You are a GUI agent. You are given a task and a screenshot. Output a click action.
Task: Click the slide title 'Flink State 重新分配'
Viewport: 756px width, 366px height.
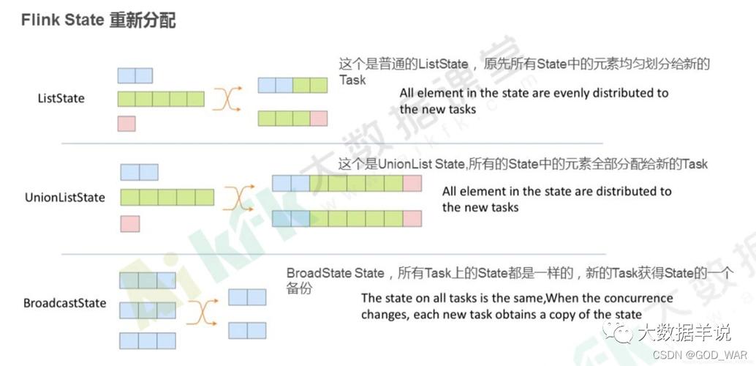pyautogui.click(x=98, y=20)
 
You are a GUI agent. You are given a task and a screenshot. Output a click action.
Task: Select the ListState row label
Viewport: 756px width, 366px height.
pyautogui.click(x=61, y=98)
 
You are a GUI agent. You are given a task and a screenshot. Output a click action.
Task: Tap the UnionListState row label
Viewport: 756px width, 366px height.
pyautogui.click(x=65, y=198)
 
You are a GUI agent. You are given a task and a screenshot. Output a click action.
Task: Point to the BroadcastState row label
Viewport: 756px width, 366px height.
pyautogui.click(x=64, y=303)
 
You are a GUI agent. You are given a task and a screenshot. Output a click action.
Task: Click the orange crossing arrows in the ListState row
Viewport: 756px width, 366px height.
pyautogui.click(x=227, y=99)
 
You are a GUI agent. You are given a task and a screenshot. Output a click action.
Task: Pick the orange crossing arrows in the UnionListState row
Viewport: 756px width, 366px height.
pyautogui.click(x=238, y=197)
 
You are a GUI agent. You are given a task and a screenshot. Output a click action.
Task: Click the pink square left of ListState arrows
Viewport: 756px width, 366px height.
pyautogui.click(x=126, y=123)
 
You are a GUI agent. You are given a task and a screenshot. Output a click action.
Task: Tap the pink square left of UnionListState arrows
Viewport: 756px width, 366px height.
pyautogui.click(x=129, y=223)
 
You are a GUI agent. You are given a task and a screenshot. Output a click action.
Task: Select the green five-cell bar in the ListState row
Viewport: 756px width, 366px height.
pyautogui.click(x=161, y=99)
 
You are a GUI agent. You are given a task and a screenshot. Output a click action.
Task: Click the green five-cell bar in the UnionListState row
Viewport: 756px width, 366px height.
pyautogui.click(x=167, y=197)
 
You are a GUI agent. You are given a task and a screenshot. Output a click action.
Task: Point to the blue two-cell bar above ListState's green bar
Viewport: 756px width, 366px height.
pyautogui.click(x=135, y=75)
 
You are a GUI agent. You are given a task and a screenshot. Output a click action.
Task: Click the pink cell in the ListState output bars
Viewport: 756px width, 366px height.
pyautogui.click(x=318, y=118)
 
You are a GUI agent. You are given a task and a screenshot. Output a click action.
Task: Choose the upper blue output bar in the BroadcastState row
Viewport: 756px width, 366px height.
pyautogui.click(x=247, y=297)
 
